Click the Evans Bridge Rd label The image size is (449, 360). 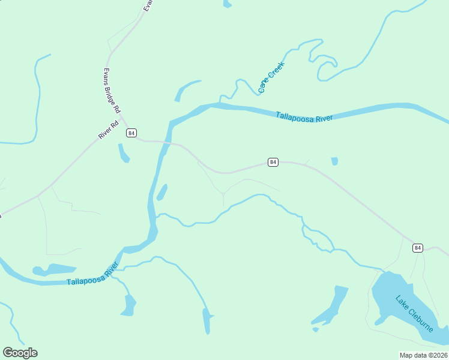coord(112,91)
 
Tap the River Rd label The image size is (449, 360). coord(108,130)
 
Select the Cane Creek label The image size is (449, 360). coord(271,77)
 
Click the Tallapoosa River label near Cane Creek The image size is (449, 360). coord(304,117)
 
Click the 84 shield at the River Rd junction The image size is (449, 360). coord(131,133)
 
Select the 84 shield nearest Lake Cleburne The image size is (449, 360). coord(418,248)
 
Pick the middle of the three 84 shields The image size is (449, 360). coord(273,162)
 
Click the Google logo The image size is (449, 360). coord(20,353)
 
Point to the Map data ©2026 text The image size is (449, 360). coord(423,355)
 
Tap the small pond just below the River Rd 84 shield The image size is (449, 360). coord(124,154)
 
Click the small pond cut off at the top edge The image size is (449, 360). coord(227,4)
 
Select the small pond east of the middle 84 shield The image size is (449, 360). coord(334,161)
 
